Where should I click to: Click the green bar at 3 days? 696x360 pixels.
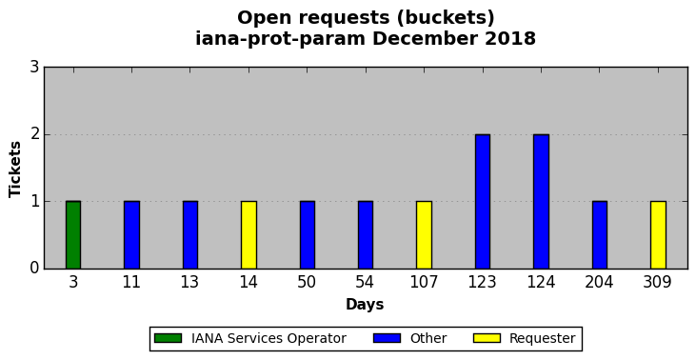pos(73,235)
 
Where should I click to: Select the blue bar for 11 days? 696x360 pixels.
pos(131,235)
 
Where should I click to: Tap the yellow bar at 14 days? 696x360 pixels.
pos(249,235)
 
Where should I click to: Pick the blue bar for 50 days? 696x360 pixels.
pos(308,235)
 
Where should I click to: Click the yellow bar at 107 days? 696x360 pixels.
pos(424,235)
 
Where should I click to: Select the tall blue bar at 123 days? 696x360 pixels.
pos(483,202)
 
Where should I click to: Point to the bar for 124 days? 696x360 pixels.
pos(541,202)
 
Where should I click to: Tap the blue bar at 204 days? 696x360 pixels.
pos(599,235)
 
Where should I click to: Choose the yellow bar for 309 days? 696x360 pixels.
pos(658,235)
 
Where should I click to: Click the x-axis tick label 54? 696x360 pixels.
pos(366,282)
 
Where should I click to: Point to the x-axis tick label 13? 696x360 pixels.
pos(190,282)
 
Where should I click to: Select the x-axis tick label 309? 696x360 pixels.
pos(658,282)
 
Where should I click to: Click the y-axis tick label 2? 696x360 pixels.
pos(34,134)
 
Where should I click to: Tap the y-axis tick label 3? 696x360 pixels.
pos(34,68)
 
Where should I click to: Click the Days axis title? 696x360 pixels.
pos(365,305)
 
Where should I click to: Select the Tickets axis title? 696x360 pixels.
pos(15,170)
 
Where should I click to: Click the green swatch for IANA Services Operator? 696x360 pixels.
pos(168,338)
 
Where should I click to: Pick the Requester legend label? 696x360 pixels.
pos(543,338)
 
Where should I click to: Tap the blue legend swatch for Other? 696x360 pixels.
pos(388,338)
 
